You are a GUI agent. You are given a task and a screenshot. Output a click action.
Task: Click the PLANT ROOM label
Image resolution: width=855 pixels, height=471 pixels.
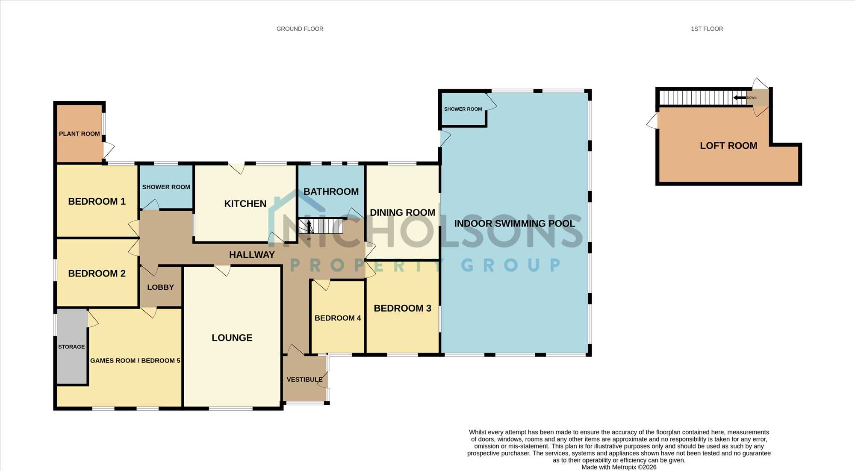pyautogui.click(x=80, y=134)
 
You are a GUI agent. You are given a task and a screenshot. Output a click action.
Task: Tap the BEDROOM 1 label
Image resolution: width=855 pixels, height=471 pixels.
pyautogui.click(x=97, y=201)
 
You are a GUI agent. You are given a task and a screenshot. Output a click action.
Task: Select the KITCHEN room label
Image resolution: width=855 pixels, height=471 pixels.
pyautogui.click(x=245, y=204)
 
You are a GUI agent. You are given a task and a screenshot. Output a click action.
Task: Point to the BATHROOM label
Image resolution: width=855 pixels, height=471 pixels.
pyautogui.click(x=331, y=191)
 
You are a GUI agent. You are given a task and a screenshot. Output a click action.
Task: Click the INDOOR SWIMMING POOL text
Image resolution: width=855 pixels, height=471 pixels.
pyautogui.click(x=515, y=224)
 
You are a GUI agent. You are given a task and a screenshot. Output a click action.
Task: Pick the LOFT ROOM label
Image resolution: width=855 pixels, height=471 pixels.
pyautogui.click(x=728, y=146)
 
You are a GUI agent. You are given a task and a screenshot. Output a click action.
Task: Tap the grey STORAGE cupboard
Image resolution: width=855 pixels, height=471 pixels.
pyautogui.click(x=72, y=346)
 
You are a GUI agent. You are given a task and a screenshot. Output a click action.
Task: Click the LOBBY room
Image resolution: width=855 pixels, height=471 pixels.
pyautogui.click(x=161, y=286)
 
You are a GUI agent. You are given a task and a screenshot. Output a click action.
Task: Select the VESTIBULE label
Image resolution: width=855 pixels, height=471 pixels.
pyautogui.click(x=305, y=380)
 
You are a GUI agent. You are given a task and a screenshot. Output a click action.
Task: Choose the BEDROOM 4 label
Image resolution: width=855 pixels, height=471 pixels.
pyautogui.click(x=338, y=318)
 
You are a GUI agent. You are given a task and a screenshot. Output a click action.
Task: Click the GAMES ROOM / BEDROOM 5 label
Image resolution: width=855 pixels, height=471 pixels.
pyautogui.click(x=135, y=361)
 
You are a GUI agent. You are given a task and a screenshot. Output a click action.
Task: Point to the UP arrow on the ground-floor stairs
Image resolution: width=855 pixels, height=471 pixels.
pyautogui.click(x=309, y=226)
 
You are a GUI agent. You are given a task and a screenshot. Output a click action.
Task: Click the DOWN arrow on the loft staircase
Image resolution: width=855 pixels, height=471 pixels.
pyautogui.click(x=740, y=98)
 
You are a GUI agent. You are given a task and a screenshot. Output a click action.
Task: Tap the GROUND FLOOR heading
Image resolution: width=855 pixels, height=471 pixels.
pyautogui.click(x=300, y=29)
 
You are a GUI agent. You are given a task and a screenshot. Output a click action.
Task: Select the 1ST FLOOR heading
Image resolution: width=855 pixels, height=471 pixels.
pyautogui.click(x=707, y=29)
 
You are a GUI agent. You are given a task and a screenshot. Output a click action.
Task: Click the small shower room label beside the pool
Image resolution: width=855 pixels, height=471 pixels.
pyautogui.click(x=463, y=109)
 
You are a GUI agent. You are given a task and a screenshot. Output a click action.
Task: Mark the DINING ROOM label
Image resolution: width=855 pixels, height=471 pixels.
pyautogui.click(x=402, y=212)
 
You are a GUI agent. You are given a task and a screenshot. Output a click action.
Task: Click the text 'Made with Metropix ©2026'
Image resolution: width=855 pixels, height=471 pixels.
pyautogui.click(x=619, y=467)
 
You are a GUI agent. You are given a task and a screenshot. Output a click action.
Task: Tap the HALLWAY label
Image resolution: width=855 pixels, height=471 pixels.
pyautogui.click(x=252, y=255)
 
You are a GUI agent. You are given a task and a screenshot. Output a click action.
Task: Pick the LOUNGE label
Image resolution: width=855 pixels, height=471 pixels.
pyautogui.click(x=232, y=338)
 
